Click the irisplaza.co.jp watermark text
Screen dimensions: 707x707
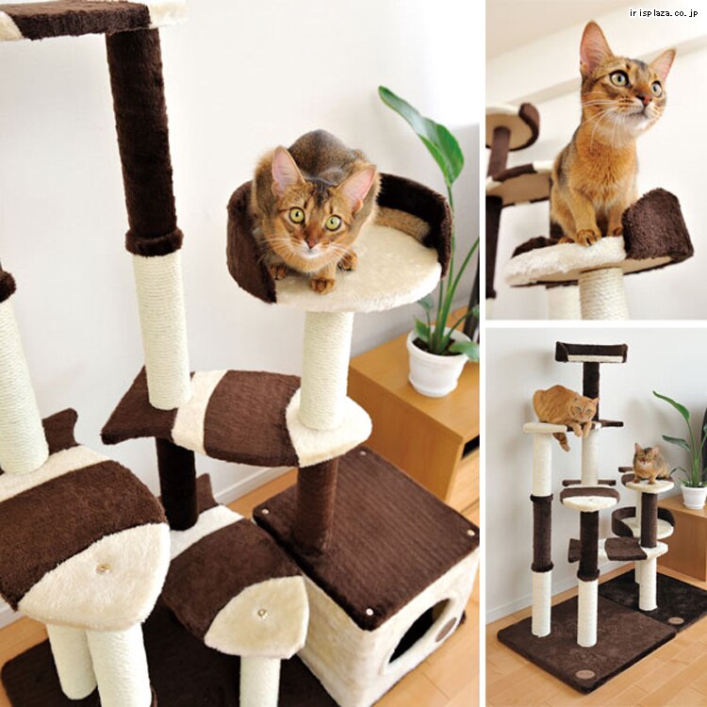(x=664, y=13)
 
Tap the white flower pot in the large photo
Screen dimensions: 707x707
(x=436, y=364)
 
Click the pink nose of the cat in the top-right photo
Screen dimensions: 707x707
(x=646, y=100)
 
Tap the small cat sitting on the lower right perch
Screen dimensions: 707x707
(x=649, y=464)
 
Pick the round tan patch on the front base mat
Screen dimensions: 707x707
(x=584, y=675)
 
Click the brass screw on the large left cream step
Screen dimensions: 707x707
(x=104, y=567)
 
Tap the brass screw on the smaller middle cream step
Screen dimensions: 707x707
(x=261, y=613)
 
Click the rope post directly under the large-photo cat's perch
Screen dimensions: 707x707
(x=325, y=369)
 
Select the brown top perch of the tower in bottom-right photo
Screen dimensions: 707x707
(x=591, y=353)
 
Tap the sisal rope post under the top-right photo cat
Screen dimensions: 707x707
(x=603, y=293)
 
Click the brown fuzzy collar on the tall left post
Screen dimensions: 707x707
(x=155, y=241)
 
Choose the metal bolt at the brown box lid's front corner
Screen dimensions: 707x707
(x=370, y=612)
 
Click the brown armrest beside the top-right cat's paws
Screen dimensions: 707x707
(x=656, y=224)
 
